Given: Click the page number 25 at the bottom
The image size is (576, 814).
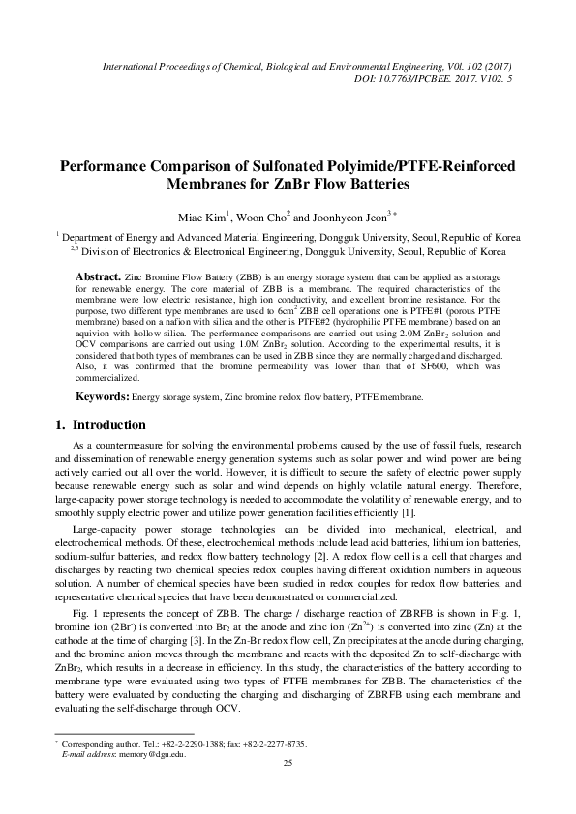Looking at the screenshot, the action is pos(287,791).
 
